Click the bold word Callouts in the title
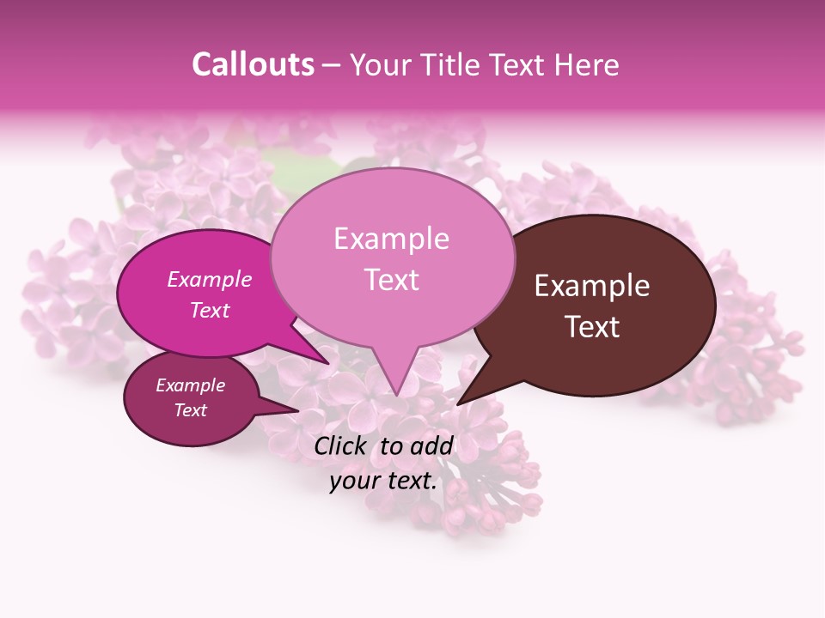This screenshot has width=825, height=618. click(x=253, y=64)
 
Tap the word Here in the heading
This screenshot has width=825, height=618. click(x=587, y=64)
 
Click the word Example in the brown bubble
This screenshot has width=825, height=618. click(x=592, y=286)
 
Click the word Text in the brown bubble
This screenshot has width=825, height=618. click(x=592, y=327)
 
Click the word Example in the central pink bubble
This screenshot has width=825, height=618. click(x=392, y=239)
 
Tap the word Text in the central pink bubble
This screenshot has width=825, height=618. click(x=392, y=280)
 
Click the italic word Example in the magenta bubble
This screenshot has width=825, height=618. click(x=210, y=279)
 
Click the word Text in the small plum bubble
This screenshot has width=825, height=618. click(x=191, y=410)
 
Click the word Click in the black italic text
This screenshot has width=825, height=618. click(x=341, y=445)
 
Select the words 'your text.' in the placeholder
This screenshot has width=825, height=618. click(x=383, y=482)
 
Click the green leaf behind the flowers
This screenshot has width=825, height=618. click(x=296, y=163)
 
